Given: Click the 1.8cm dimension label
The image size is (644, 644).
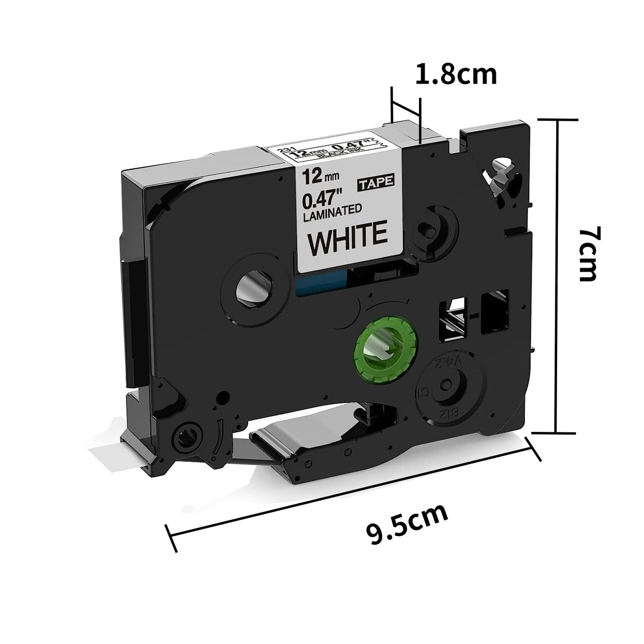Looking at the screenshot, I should (x=455, y=75).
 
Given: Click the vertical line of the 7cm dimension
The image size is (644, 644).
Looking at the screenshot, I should (x=556, y=276).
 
